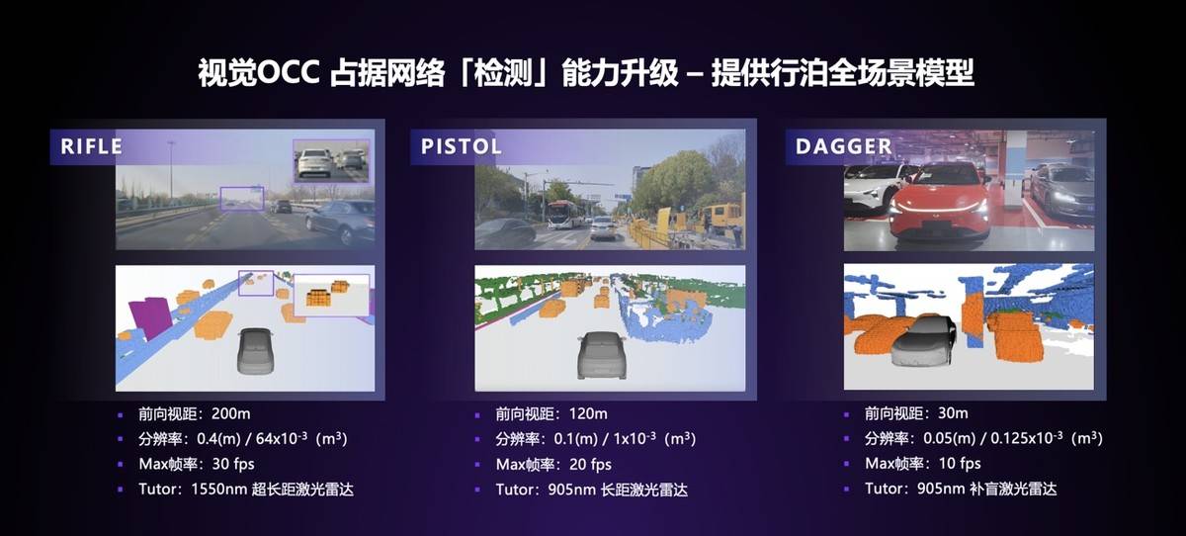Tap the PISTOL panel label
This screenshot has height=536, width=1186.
click(462, 146)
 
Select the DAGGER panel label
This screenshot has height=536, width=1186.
click(844, 146)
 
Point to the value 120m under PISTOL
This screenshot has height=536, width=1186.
click(587, 413)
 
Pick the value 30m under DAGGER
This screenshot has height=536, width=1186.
click(952, 413)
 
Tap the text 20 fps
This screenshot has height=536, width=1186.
click(590, 464)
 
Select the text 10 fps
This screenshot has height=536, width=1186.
click(959, 464)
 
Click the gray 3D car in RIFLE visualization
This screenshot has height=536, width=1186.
click(256, 351)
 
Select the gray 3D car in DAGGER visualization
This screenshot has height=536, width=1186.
click(924, 341)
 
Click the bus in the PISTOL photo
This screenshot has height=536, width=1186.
click(558, 215)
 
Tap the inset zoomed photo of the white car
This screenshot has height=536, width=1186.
click(330, 159)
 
